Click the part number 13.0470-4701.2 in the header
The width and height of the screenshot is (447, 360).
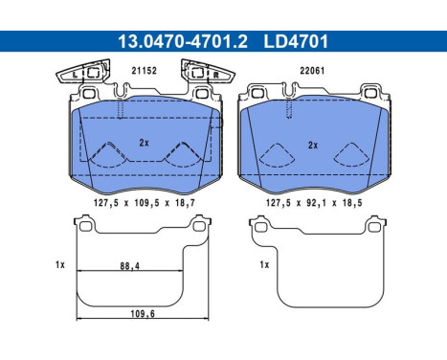[183, 41]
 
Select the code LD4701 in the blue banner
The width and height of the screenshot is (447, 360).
[296, 41]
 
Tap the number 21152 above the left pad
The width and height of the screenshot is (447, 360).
[145, 71]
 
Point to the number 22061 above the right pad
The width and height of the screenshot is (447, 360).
[312, 71]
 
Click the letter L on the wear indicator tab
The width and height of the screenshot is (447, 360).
[75, 76]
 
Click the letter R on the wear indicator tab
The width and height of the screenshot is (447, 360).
[215, 76]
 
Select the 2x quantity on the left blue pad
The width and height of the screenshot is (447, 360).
[144, 143]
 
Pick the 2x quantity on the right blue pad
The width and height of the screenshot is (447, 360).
[313, 146]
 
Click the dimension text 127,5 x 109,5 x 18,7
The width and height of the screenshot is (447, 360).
[145, 203]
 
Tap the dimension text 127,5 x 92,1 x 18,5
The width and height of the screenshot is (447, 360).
[314, 203]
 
